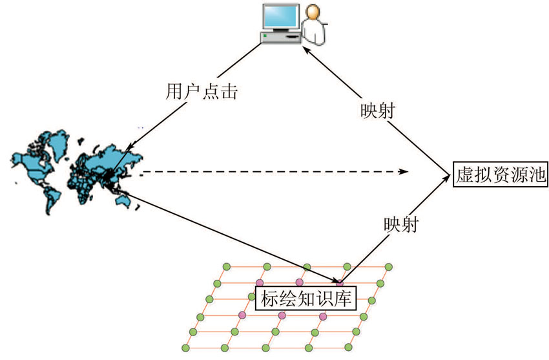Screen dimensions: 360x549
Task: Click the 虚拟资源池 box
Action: (501, 174)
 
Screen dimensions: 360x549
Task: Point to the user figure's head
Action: (313, 12)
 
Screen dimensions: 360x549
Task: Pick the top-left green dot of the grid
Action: (225, 266)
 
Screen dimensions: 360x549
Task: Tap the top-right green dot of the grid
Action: (389, 266)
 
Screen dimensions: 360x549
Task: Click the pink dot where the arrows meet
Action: (339, 282)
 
